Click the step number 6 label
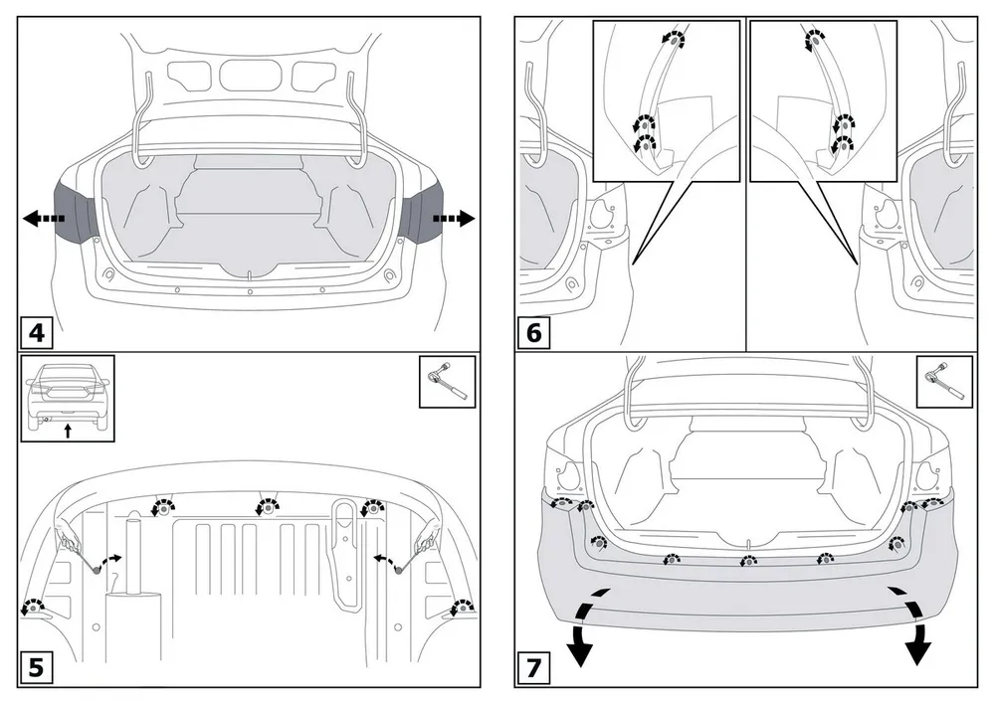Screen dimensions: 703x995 coord(534,331)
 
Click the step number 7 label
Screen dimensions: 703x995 coord(534,667)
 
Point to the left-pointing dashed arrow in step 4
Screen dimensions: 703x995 coord(43,220)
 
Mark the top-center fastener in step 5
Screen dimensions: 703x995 coord(268,507)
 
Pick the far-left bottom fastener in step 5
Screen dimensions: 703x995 coord(36,609)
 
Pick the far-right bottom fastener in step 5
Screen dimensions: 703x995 coord(462,609)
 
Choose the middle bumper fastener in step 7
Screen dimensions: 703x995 coord(746,563)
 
